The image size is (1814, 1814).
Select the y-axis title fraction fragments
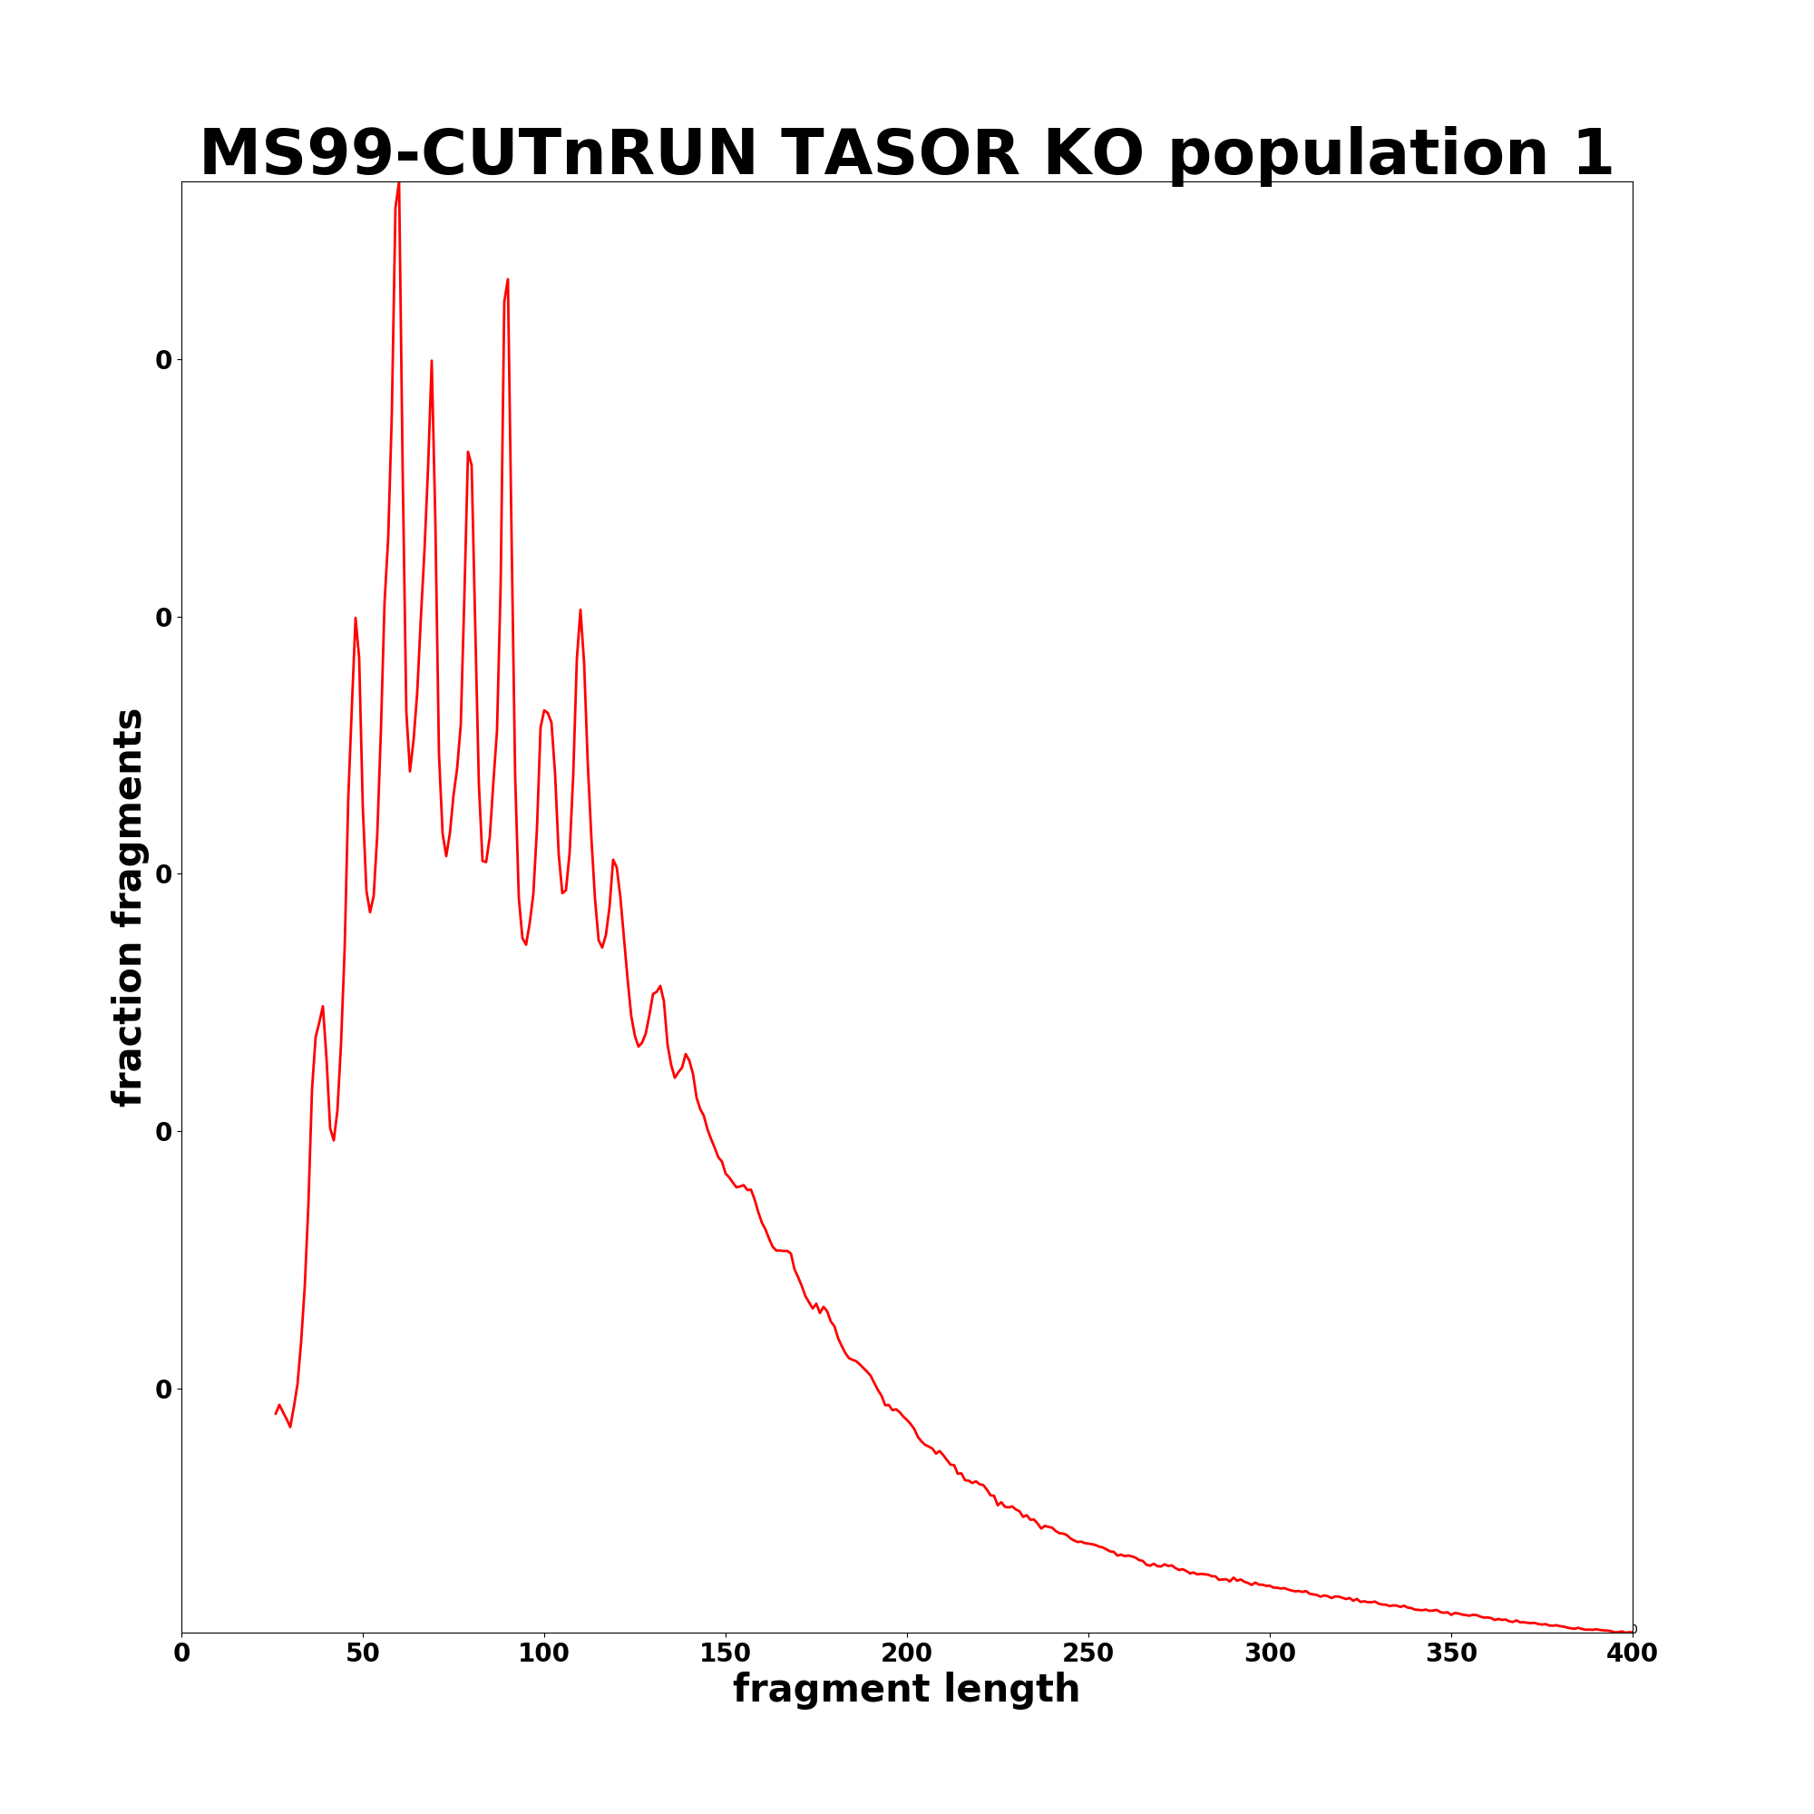click(128, 907)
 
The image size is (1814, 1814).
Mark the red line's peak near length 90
click(508, 279)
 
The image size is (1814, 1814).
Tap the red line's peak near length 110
click(580, 610)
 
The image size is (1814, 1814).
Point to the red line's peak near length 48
click(355, 618)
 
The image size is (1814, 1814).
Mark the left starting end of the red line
click(276, 1414)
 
